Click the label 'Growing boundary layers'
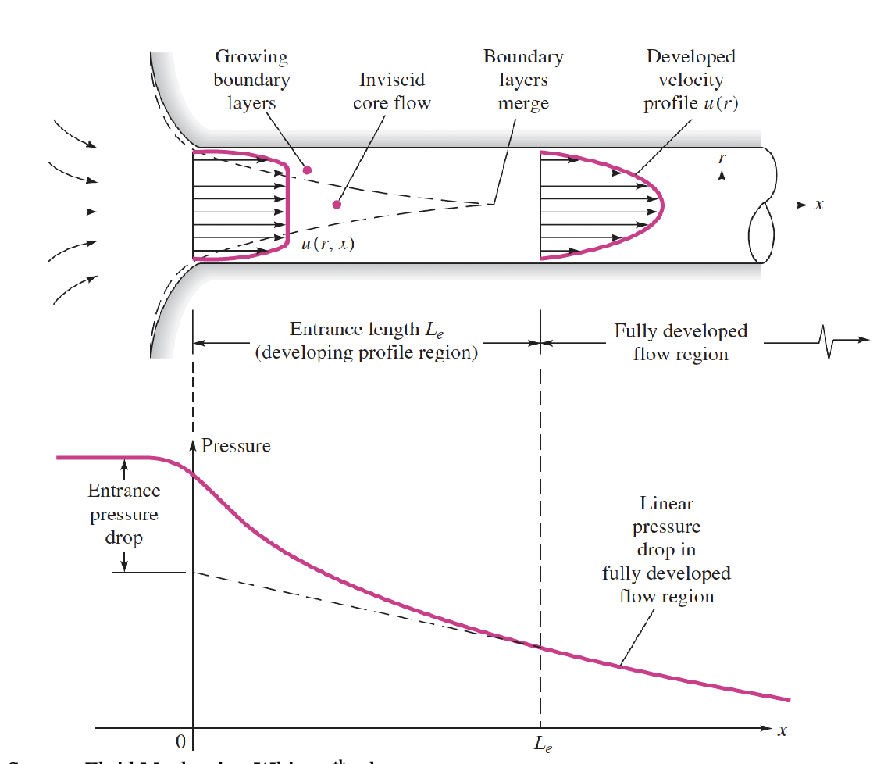click(251, 80)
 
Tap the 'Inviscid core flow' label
click(391, 91)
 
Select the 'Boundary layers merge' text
click(523, 80)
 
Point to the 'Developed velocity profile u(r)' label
click(690, 80)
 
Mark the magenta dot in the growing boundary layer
click(307, 170)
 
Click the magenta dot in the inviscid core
click(337, 205)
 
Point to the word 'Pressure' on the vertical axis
click(236, 446)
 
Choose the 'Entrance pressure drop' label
click(123, 515)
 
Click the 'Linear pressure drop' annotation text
click(666, 550)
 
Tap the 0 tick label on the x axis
click(180, 741)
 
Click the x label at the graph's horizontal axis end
click(782, 730)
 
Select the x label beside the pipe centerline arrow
click(818, 205)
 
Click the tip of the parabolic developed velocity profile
click(662, 205)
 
